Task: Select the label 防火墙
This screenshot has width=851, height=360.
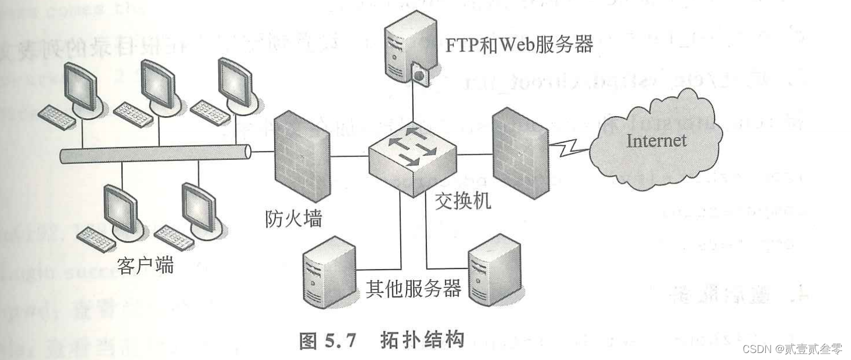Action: pyautogui.click(x=290, y=219)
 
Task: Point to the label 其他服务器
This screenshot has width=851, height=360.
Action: pyautogui.click(x=413, y=288)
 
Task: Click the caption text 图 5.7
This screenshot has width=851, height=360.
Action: pyautogui.click(x=327, y=340)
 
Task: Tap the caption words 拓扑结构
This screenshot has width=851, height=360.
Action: pyautogui.click(x=422, y=340)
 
